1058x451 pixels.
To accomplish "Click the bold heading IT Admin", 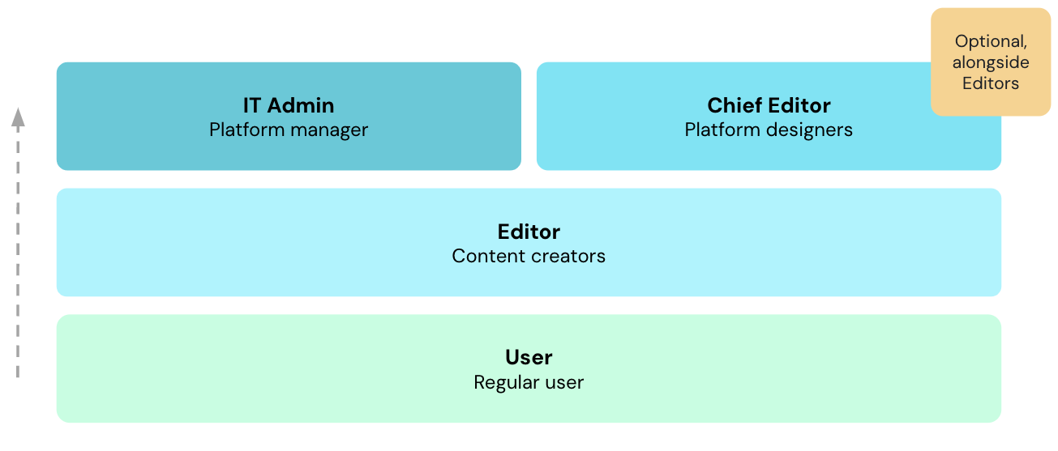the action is point(289,105).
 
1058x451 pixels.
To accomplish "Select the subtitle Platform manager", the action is point(289,130).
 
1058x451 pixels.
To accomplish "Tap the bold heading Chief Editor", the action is point(769,105).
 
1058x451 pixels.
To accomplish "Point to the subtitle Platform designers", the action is point(769,130).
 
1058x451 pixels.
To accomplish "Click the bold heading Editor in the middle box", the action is point(529,232).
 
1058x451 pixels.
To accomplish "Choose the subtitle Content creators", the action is point(529,256).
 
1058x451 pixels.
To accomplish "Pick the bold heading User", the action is point(529,357).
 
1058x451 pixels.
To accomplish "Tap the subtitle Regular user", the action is point(529,383).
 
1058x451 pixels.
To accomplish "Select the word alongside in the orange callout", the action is point(991,62).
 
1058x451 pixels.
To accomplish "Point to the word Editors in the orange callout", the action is point(991,83).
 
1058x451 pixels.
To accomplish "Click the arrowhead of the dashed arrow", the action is point(18,117).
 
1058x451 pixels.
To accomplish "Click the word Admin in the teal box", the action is point(301,105).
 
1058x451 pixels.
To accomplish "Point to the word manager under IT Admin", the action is point(330,130).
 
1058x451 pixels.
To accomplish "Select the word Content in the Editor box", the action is point(489,256).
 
